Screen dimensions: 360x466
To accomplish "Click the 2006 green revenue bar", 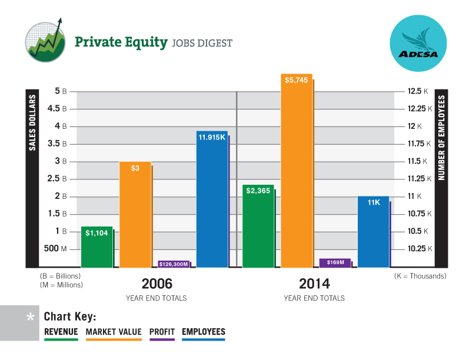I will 96,247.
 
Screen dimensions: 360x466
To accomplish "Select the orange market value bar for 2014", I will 297,171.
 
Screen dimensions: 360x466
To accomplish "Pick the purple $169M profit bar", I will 335,262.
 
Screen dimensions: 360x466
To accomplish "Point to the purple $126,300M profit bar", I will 174,264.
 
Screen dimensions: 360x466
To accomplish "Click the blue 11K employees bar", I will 373,232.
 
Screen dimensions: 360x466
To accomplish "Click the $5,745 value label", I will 297,80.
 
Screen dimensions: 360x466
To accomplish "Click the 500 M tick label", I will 55,249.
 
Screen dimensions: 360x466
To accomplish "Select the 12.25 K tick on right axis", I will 420,108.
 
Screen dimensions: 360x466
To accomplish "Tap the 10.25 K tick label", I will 420,249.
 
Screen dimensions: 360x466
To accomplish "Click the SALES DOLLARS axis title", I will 33,122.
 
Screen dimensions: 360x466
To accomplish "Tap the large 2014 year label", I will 314,283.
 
